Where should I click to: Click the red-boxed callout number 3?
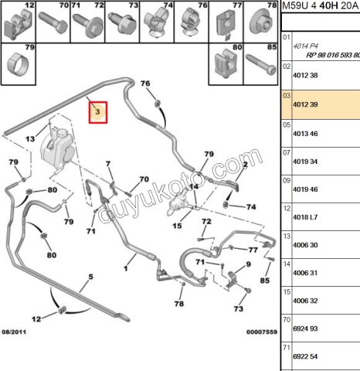97,112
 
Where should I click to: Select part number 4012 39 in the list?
305,104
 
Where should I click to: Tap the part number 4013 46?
305,134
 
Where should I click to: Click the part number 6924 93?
305,328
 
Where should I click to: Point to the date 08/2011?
14,332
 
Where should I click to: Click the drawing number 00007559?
262,332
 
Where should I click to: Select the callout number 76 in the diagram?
145,83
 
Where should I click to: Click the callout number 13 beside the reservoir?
30,139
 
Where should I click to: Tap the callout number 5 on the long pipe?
90,277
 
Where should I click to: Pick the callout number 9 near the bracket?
248,264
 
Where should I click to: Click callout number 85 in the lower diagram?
264,281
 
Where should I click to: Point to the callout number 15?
177,226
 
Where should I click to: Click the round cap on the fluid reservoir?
61,134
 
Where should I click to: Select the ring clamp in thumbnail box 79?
18,63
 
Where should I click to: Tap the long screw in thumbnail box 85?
261,64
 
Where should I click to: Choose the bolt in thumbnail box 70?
53,23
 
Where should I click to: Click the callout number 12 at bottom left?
36,319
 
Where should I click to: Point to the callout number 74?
251,207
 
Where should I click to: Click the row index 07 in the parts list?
287,153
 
